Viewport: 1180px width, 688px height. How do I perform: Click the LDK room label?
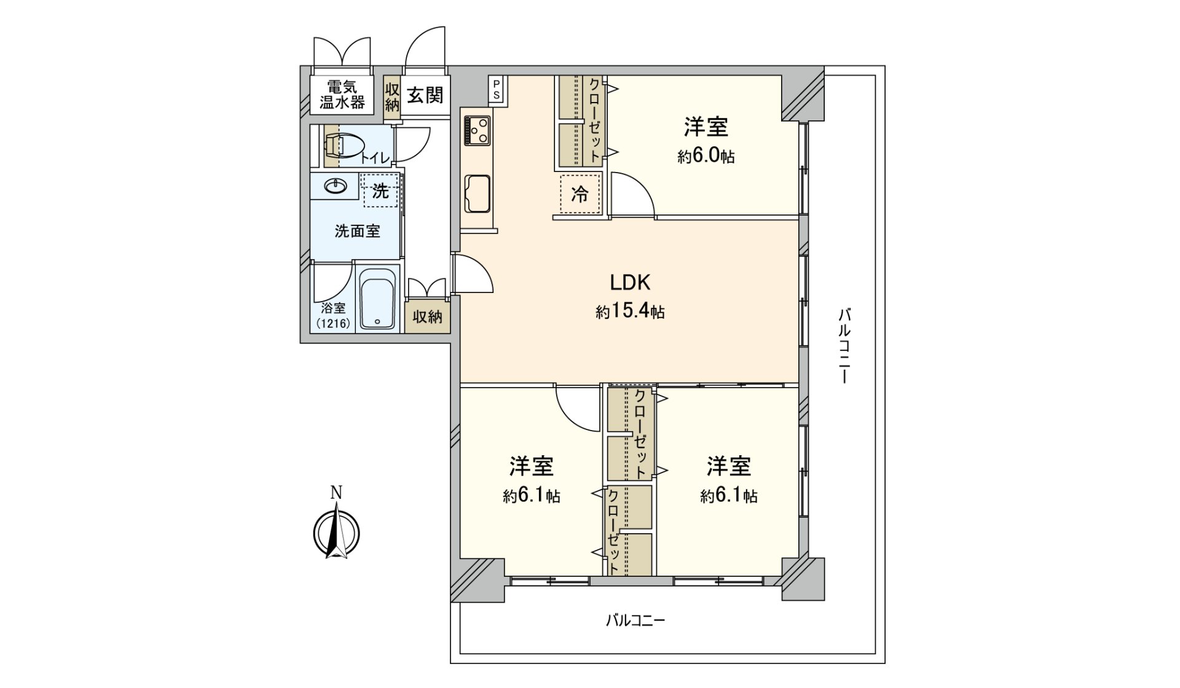629,283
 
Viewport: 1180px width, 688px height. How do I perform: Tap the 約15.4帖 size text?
629,312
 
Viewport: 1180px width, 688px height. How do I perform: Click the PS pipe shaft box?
496,88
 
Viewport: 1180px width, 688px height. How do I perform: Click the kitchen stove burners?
478,130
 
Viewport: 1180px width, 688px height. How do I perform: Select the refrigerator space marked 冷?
580,195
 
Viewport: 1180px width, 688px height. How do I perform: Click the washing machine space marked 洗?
380,191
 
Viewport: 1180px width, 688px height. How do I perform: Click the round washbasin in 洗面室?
336,185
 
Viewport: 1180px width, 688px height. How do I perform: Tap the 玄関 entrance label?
425,95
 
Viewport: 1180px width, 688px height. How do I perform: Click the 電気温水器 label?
342,95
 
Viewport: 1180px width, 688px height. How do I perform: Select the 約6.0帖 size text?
706,157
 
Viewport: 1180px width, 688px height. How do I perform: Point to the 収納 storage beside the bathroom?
427,317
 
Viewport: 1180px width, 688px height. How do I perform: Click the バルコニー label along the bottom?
635,620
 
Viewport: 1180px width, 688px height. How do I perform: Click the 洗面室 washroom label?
357,232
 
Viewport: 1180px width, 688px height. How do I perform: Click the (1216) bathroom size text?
332,323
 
